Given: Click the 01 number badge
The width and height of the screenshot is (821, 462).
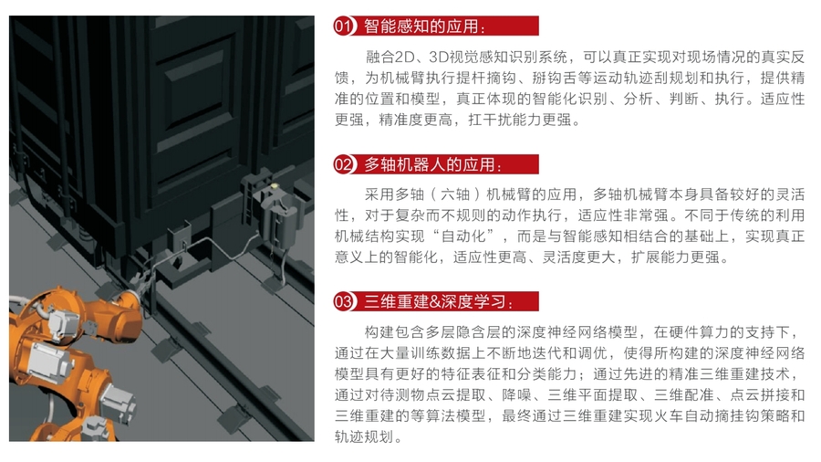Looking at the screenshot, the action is pos(344,26).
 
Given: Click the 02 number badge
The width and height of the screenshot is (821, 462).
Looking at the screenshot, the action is pos(344,164).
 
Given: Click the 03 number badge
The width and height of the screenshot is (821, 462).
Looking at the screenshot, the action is pos(344,301).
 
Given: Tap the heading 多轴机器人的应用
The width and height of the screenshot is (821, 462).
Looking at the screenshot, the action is pos(429,165).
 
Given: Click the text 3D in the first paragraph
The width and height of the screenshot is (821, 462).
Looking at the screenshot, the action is pos(437,58).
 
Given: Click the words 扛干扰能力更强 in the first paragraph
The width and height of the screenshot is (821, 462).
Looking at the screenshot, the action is pos(519,120).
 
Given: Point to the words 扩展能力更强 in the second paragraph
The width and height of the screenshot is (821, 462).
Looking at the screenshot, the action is pos(675,257).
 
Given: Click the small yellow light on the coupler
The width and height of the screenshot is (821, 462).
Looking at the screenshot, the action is pos(274,185).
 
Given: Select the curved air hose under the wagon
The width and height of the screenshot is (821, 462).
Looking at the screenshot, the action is pos(210,247).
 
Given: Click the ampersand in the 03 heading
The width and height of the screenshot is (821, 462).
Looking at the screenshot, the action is pos(434,302).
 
